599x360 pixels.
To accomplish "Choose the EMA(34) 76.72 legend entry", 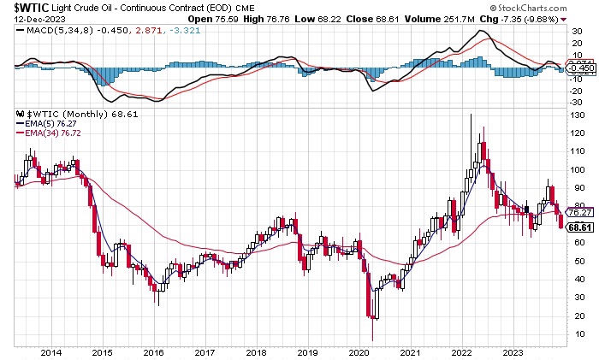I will (50, 133).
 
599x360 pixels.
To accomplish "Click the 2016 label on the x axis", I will (153, 351).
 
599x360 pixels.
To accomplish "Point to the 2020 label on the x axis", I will (359, 351).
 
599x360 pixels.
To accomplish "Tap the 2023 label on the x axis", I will (514, 351).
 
